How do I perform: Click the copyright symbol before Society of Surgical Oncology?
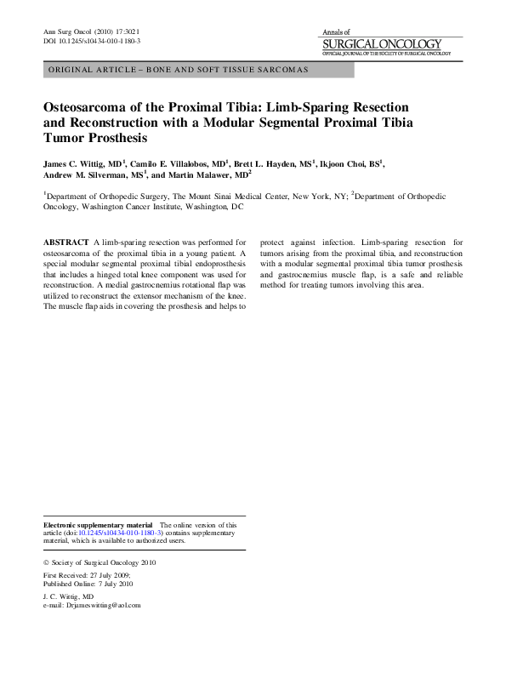click(46, 563)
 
